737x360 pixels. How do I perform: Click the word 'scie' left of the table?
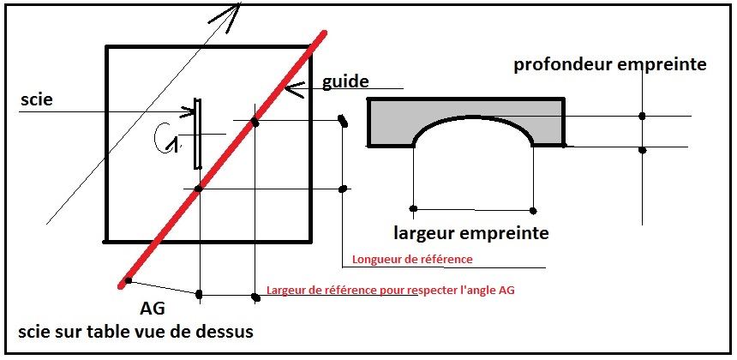[x=37, y=100]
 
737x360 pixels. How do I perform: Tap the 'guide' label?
[x=345, y=81]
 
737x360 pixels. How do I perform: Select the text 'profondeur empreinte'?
[x=609, y=65]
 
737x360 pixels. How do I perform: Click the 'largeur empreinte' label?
[x=471, y=233]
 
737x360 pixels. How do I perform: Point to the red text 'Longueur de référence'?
[x=412, y=259]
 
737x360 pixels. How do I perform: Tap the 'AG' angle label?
[x=153, y=309]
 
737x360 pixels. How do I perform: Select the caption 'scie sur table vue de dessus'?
[x=136, y=332]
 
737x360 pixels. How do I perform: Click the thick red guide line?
[x=223, y=159]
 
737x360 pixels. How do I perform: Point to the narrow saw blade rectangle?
[x=198, y=134]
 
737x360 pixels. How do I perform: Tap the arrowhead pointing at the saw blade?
[x=189, y=111]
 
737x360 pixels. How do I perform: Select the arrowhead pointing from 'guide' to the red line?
[x=293, y=88]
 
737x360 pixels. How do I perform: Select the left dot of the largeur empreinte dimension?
[x=413, y=208]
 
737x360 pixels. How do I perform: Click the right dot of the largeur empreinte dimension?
[x=532, y=211]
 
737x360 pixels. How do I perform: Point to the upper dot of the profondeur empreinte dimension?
[x=642, y=116]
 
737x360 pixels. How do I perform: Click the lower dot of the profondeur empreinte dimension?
[x=643, y=150]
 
